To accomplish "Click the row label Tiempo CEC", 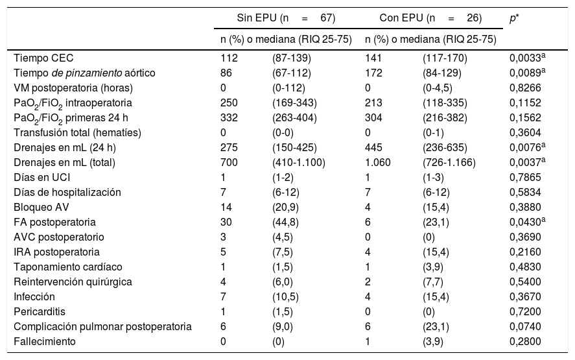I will pyautogui.click(x=40, y=58).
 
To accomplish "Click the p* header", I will pyautogui.click(x=514, y=19).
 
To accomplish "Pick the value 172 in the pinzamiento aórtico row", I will pyautogui.click(x=374, y=73).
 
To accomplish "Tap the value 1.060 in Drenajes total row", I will pyautogui.click(x=378, y=163).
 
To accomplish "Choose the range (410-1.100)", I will pyautogui.click(x=298, y=163).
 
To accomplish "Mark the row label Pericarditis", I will pyautogui.click(x=40, y=311).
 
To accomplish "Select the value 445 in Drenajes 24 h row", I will pyautogui.click(x=374, y=148).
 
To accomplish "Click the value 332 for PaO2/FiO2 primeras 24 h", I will pyautogui.click(x=229, y=118).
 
